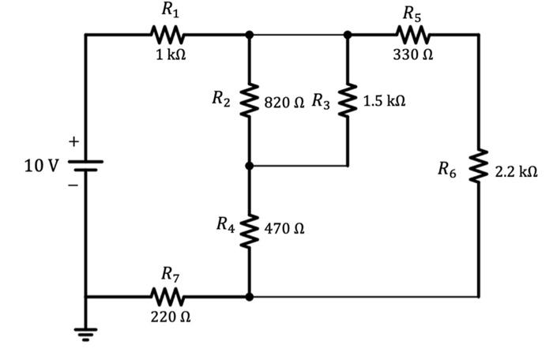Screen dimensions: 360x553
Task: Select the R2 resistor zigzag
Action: click(x=249, y=101)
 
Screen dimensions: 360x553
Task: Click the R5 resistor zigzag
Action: click(x=413, y=35)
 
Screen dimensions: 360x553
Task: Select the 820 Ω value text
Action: click(x=284, y=102)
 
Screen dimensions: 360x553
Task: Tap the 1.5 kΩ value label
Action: click(x=385, y=102)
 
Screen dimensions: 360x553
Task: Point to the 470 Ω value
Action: click(x=284, y=229)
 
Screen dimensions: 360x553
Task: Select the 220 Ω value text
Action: click(x=170, y=317)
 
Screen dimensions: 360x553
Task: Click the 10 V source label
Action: click(x=39, y=166)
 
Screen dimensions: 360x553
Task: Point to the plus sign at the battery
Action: click(x=73, y=142)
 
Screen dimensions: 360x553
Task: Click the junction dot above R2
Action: click(x=249, y=35)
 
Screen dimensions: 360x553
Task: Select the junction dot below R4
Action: click(x=249, y=298)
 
